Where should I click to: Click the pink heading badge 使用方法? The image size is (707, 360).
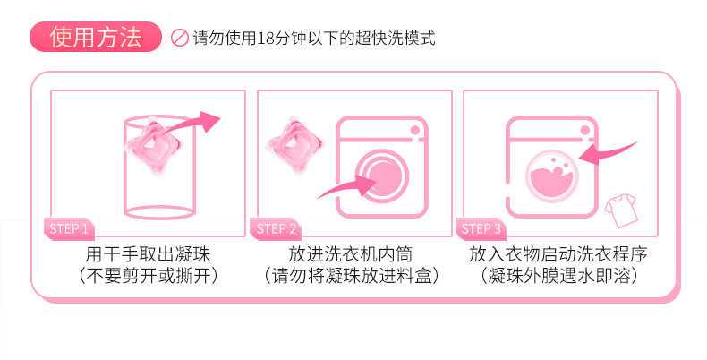tap(96, 39)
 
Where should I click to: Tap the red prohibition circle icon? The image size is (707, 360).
tap(178, 40)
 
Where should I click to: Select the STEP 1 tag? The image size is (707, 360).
tap(67, 228)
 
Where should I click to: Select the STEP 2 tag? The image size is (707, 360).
tap(276, 228)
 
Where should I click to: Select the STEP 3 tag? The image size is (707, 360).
tap(481, 228)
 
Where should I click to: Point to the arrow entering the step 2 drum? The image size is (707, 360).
tap(347, 188)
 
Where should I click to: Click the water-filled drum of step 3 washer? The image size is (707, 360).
tap(552, 175)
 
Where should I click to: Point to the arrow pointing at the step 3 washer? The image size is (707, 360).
tap(609, 152)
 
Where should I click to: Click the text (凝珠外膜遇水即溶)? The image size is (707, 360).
tap(558, 276)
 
